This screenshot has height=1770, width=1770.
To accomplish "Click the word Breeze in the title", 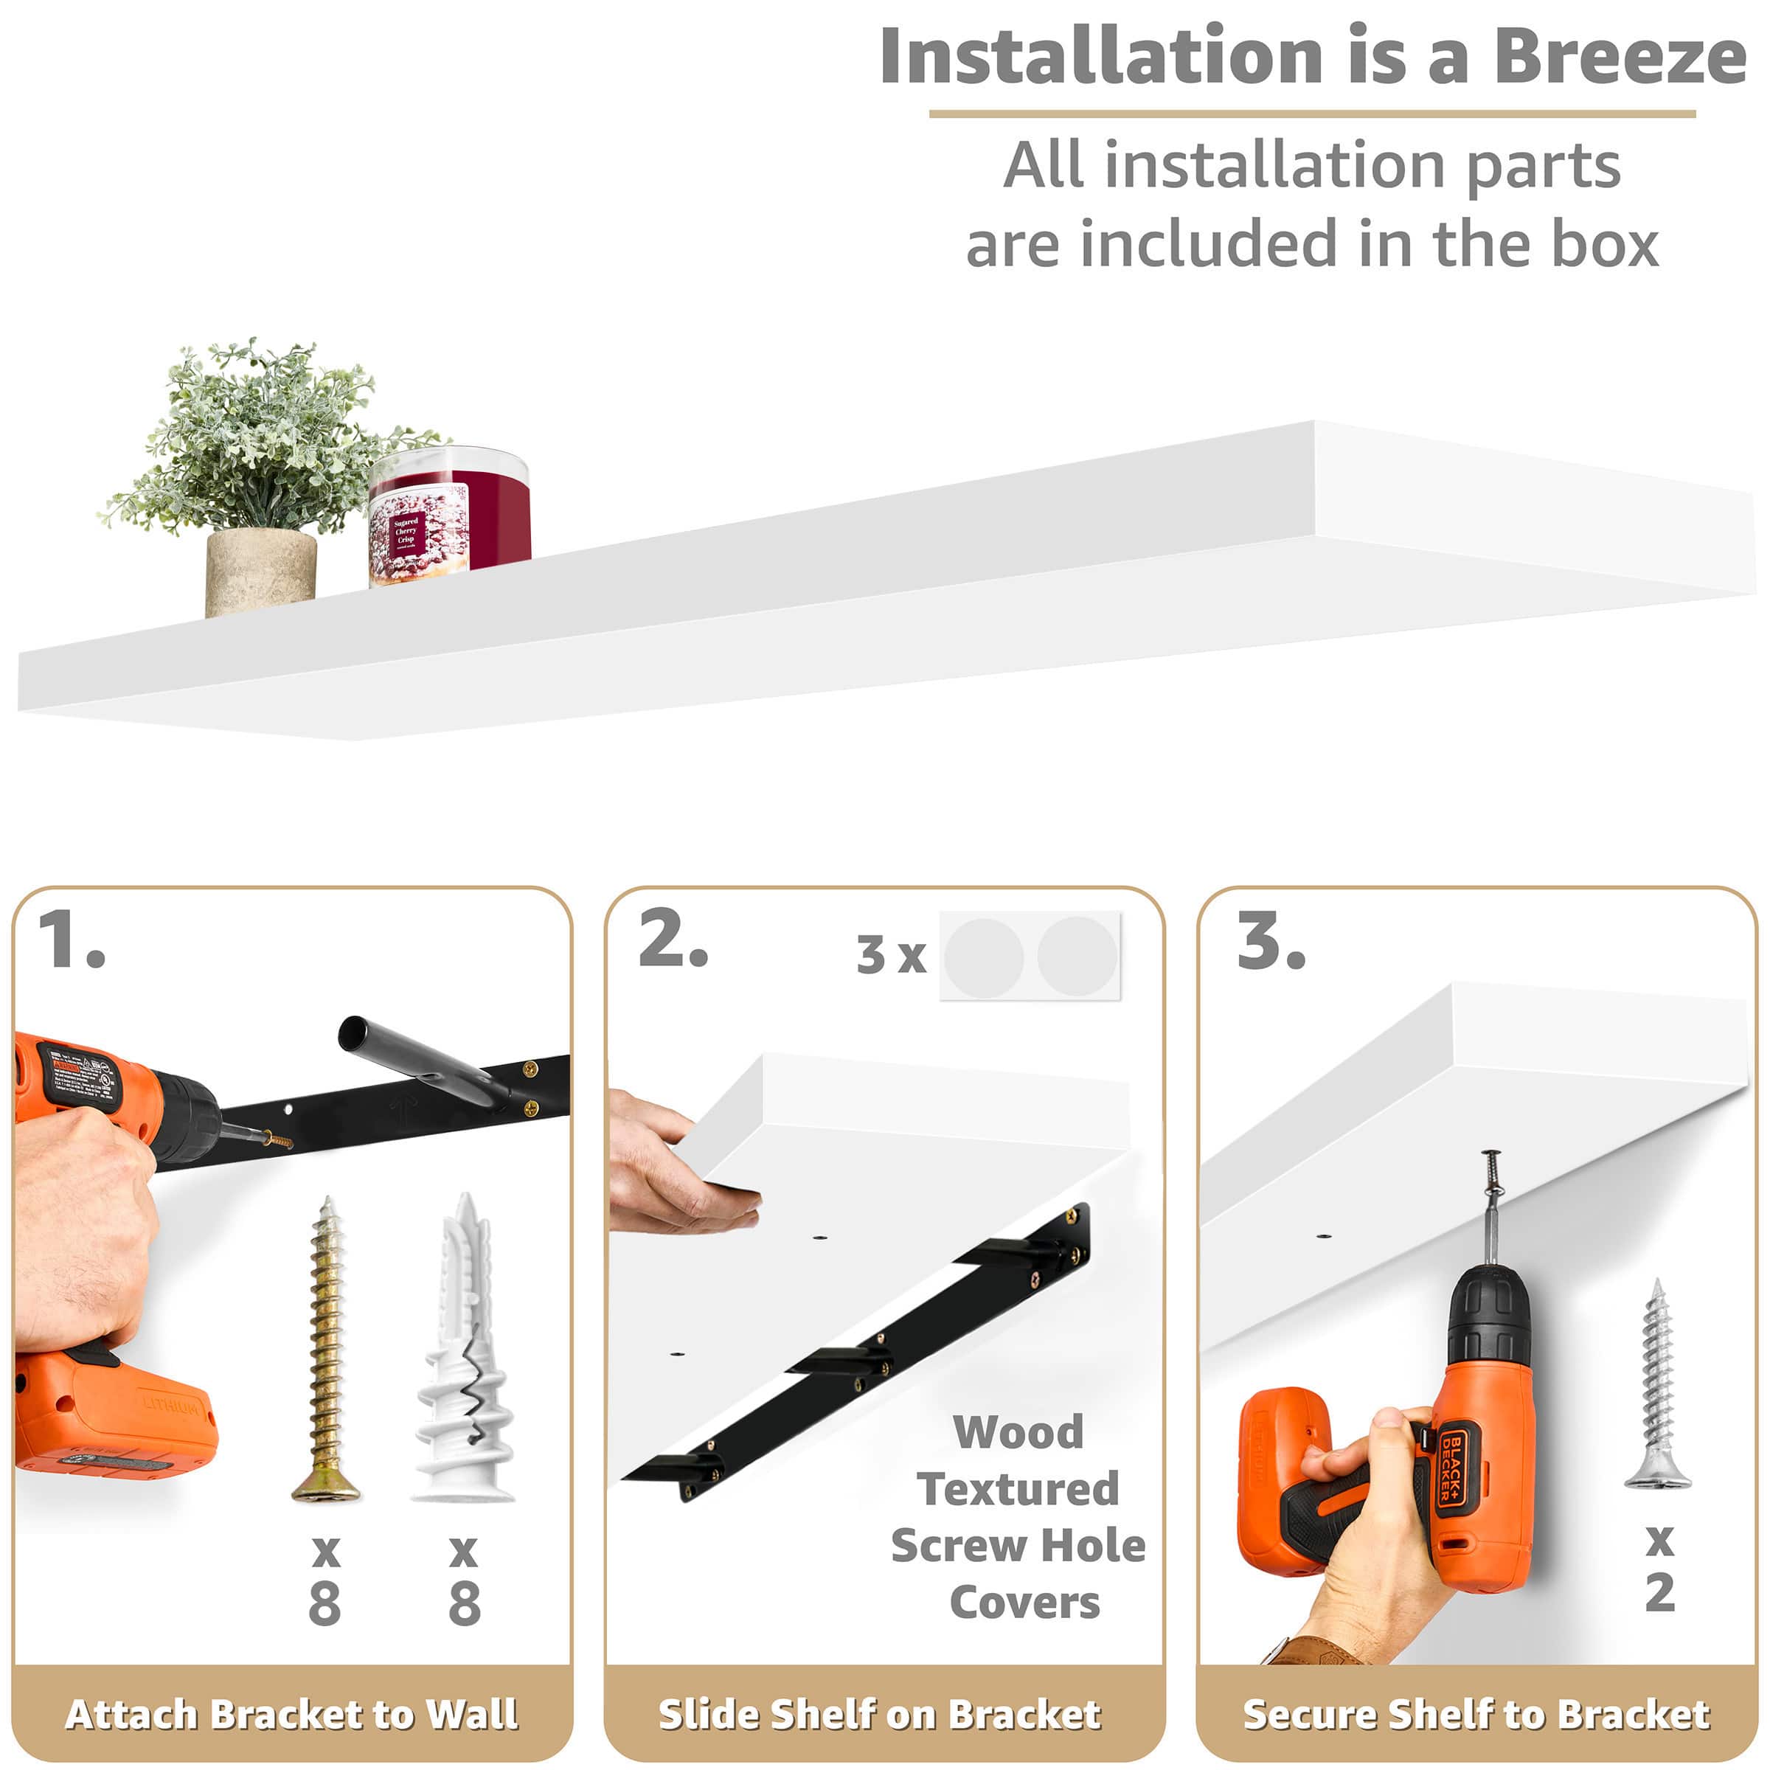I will (x=1619, y=57).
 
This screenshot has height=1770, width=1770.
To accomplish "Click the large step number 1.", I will (x=72, y=940).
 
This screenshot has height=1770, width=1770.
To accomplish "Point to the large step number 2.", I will (x=673, y=940).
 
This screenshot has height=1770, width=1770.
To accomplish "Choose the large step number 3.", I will (x=1271, y=942).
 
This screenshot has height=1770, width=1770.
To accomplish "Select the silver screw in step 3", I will (x=1656, y=1384).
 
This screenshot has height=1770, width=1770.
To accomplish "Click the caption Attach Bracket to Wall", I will (x=291, y=1713).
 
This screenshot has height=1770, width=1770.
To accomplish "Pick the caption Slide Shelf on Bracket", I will (x=880, y=1713).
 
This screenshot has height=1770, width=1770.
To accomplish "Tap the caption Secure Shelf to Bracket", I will (x=1476, y=1713).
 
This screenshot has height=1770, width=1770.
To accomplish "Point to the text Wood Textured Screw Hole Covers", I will (x=1018, y=1517).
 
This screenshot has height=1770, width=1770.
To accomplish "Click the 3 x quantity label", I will (x=890, y=956).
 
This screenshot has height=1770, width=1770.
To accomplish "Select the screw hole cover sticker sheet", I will (x=1030, y=957).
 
